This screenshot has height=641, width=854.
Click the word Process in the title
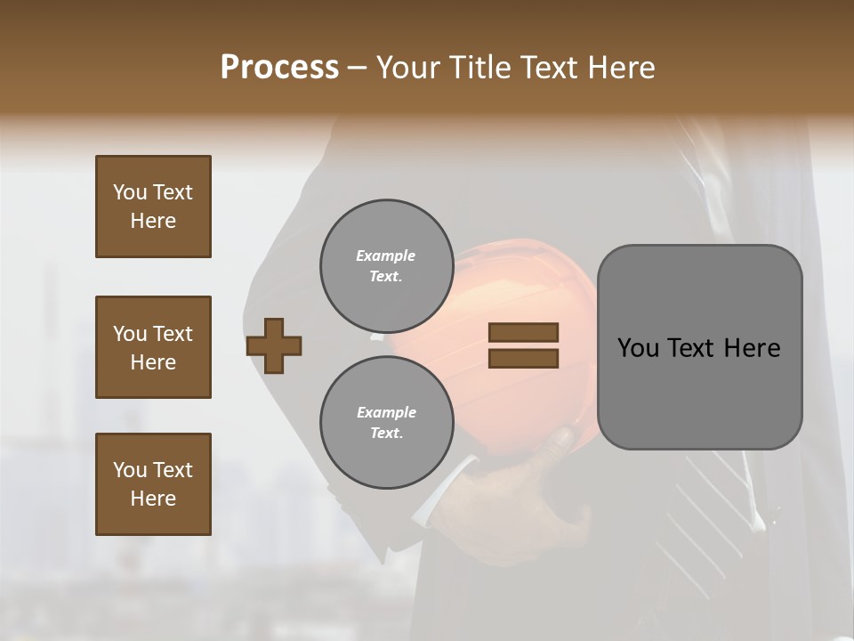pos(279,68)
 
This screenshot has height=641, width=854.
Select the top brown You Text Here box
pos(153,207)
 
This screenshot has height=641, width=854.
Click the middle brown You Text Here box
pos(153,347)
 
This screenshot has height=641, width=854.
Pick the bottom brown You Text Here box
pos(153,484)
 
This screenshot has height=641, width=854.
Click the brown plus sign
pos(274,345)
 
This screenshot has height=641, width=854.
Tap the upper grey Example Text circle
pos(385,266)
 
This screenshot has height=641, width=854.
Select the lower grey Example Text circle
pos(385,422)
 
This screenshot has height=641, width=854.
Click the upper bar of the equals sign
pos(524,333)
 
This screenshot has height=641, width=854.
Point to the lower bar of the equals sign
pos(524,358)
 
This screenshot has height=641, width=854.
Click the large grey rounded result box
pos(699,347)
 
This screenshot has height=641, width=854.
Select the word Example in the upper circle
pos(385,256)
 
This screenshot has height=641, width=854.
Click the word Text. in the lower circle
pos(386,433)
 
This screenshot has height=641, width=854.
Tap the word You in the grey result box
pos(638,348)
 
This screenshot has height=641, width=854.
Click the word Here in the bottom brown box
pos(153,499)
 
